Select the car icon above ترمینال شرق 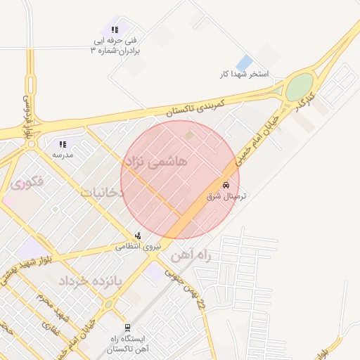click(x=226, y=185)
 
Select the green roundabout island click(x=299, y=87)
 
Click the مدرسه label click(x=63, y=154)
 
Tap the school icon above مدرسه click(x=63, y=144)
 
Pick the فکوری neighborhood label click(x=28, y=181)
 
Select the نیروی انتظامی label click(x=139, y=246)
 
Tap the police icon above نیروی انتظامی click(x=138, y=236)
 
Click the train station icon click(x=127, y=327)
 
